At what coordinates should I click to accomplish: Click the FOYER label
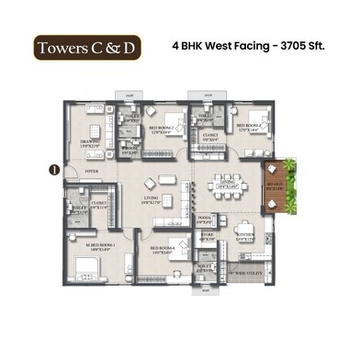coord(91,171)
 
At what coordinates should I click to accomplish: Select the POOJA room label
coord(205,218)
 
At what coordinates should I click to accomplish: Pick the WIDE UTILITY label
coord(245,273)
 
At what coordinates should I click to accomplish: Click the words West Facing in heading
coord(231,45)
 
